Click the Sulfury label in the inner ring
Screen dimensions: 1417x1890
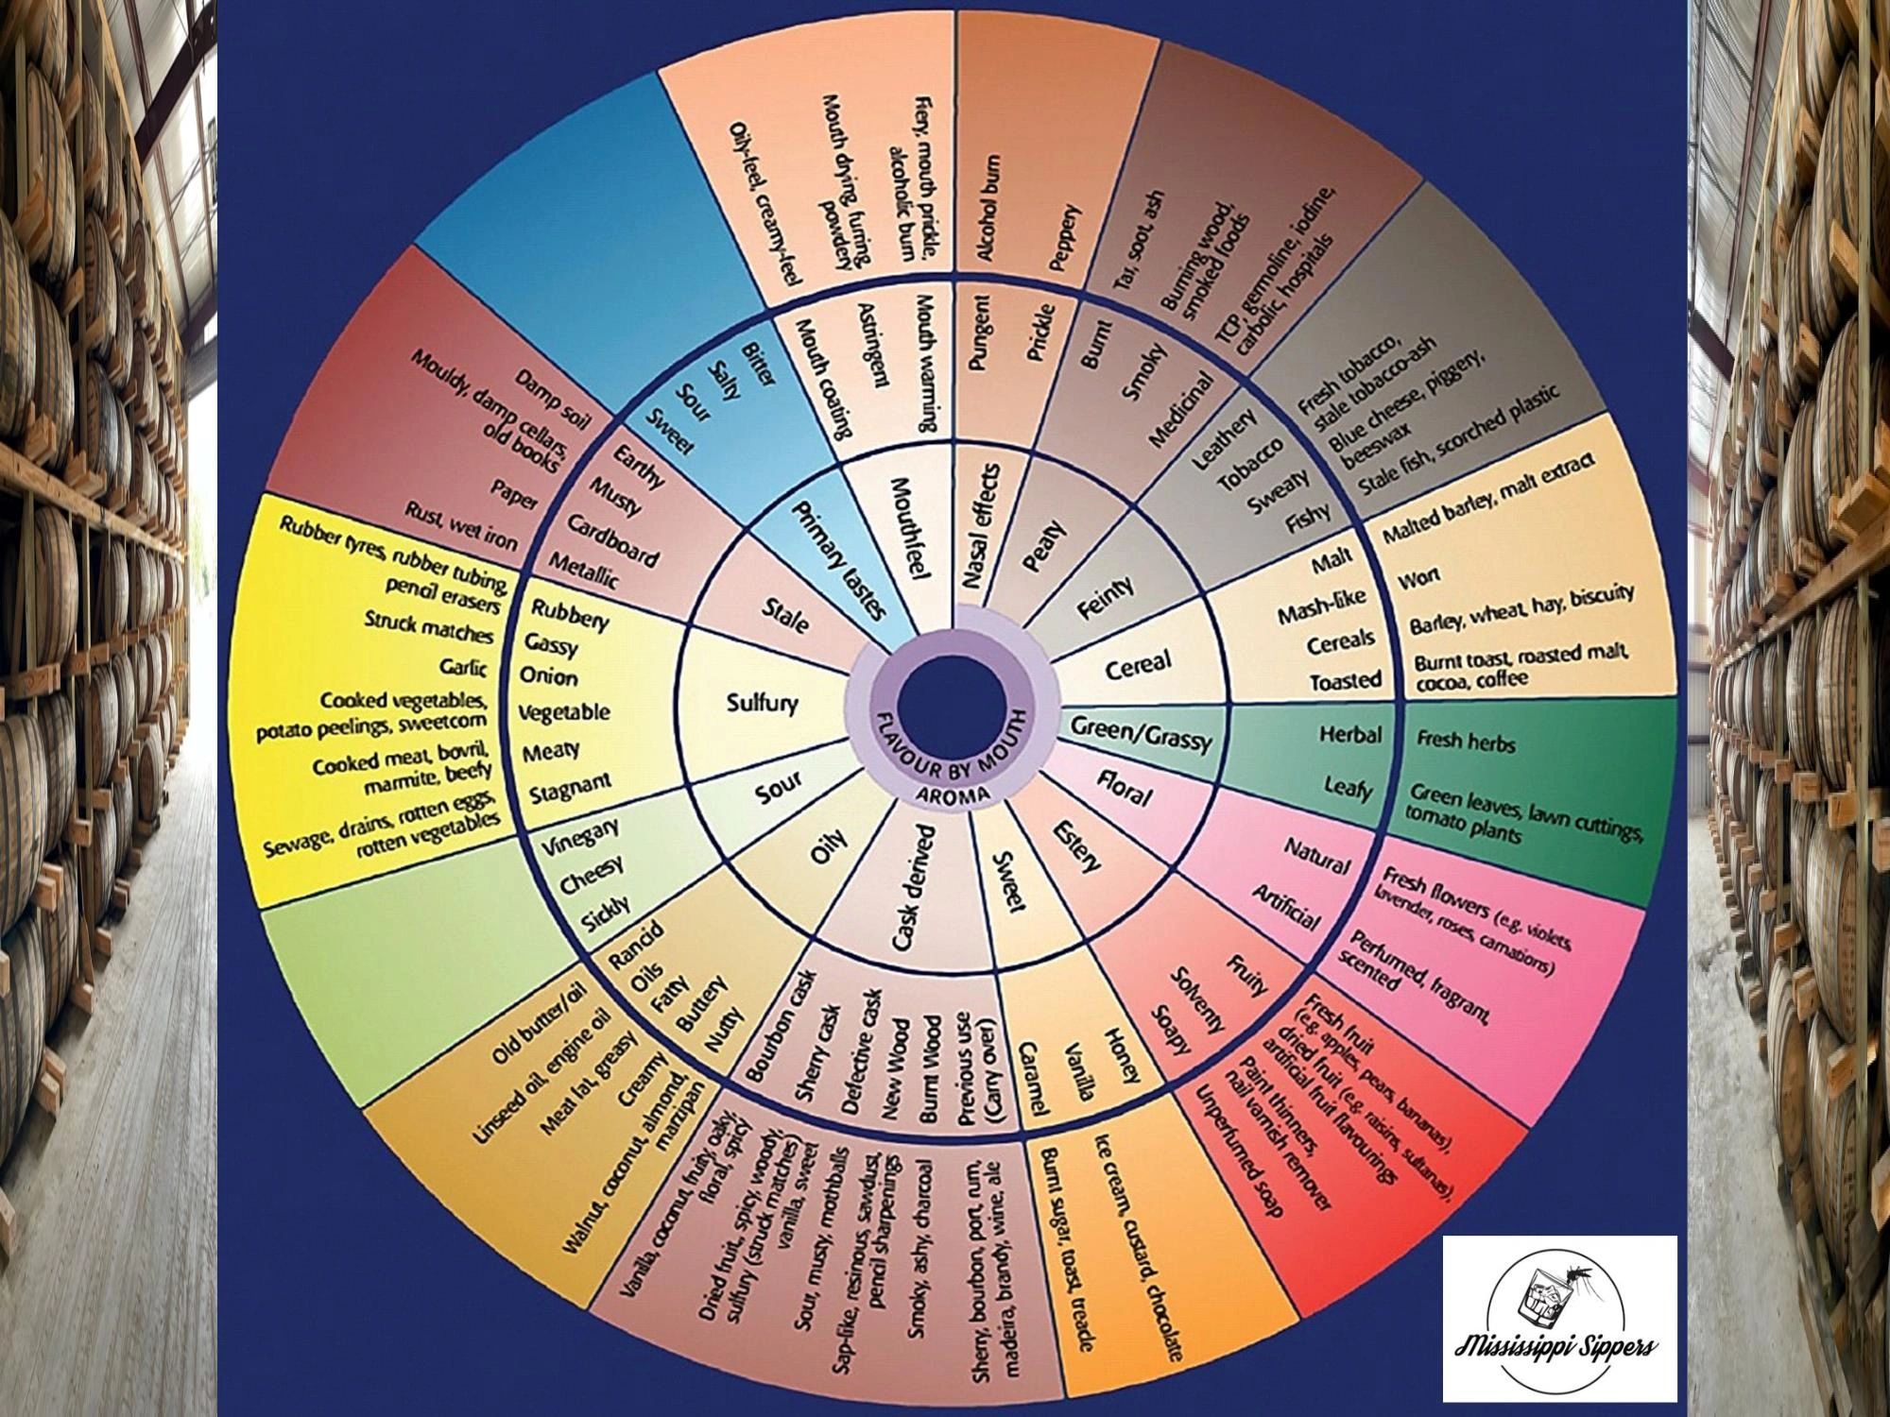pyautogui.click(x=763, y=703)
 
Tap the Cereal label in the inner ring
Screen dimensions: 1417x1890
pyautogui.click(x=1138, y=667)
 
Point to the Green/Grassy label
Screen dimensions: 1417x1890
pyautogui.click(x=1142, y=734)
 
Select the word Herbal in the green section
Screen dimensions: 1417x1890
pyautogui.click(x=1350, y=735)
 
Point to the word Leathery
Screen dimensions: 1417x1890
pyautogui.click(x=1225, y=438)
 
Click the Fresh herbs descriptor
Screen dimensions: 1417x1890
pyautogui.click(x=1466, y=742)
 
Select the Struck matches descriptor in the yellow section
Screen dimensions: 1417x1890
pyautogui.click(x=429, y=626)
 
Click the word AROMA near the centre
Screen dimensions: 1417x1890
pyautogui.click(x=953, y=794)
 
